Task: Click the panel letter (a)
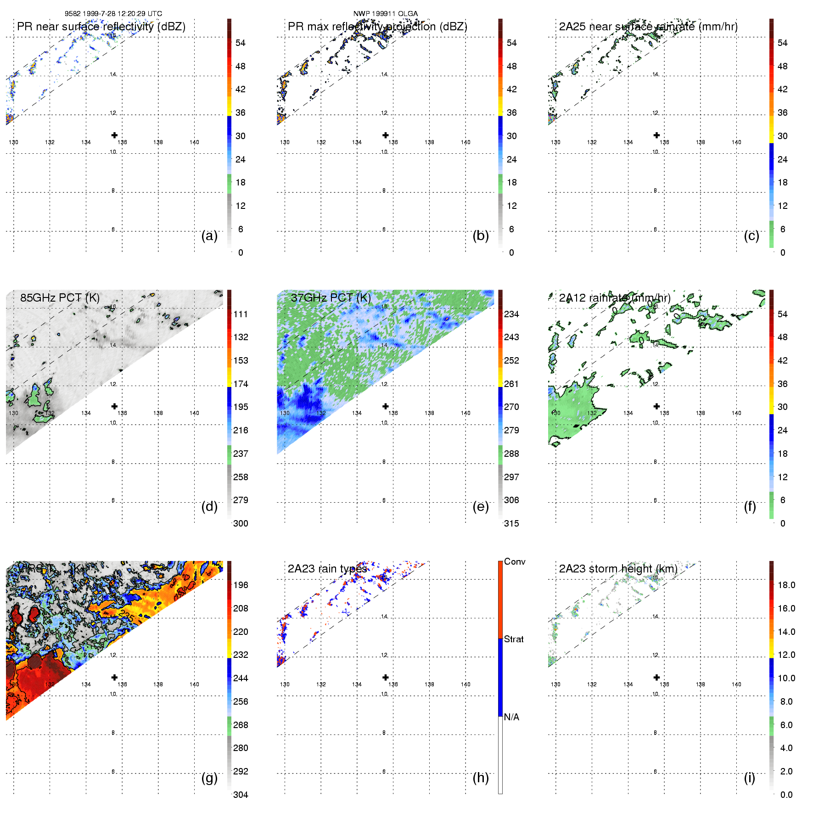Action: pos(209,235)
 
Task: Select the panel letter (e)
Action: pos(480,506)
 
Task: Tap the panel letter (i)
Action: pos(749,778)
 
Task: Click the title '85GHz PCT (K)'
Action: pos(60,297)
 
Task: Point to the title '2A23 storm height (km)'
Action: pos(618,569)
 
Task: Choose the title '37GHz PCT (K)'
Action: pos(331,297)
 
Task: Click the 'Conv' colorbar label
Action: pos(515,561)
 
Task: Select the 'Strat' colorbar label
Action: pos(514,639)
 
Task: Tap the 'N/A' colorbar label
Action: pos(511,717)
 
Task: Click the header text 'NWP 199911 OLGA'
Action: pos(386,13)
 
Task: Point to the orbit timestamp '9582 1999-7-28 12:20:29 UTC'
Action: pos(113,13)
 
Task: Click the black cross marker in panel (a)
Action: pos(114,135)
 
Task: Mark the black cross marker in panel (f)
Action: pos(656,406)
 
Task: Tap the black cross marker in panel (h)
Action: pos(386,677)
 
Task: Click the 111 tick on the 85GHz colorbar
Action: pos(241,314)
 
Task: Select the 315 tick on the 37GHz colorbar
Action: pos(511,523)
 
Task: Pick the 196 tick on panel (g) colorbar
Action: pos(241,585)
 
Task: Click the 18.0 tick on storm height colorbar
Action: pos(786,585)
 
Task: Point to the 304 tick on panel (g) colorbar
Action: pos(241,795)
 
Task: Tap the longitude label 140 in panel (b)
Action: pos(465,142)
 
